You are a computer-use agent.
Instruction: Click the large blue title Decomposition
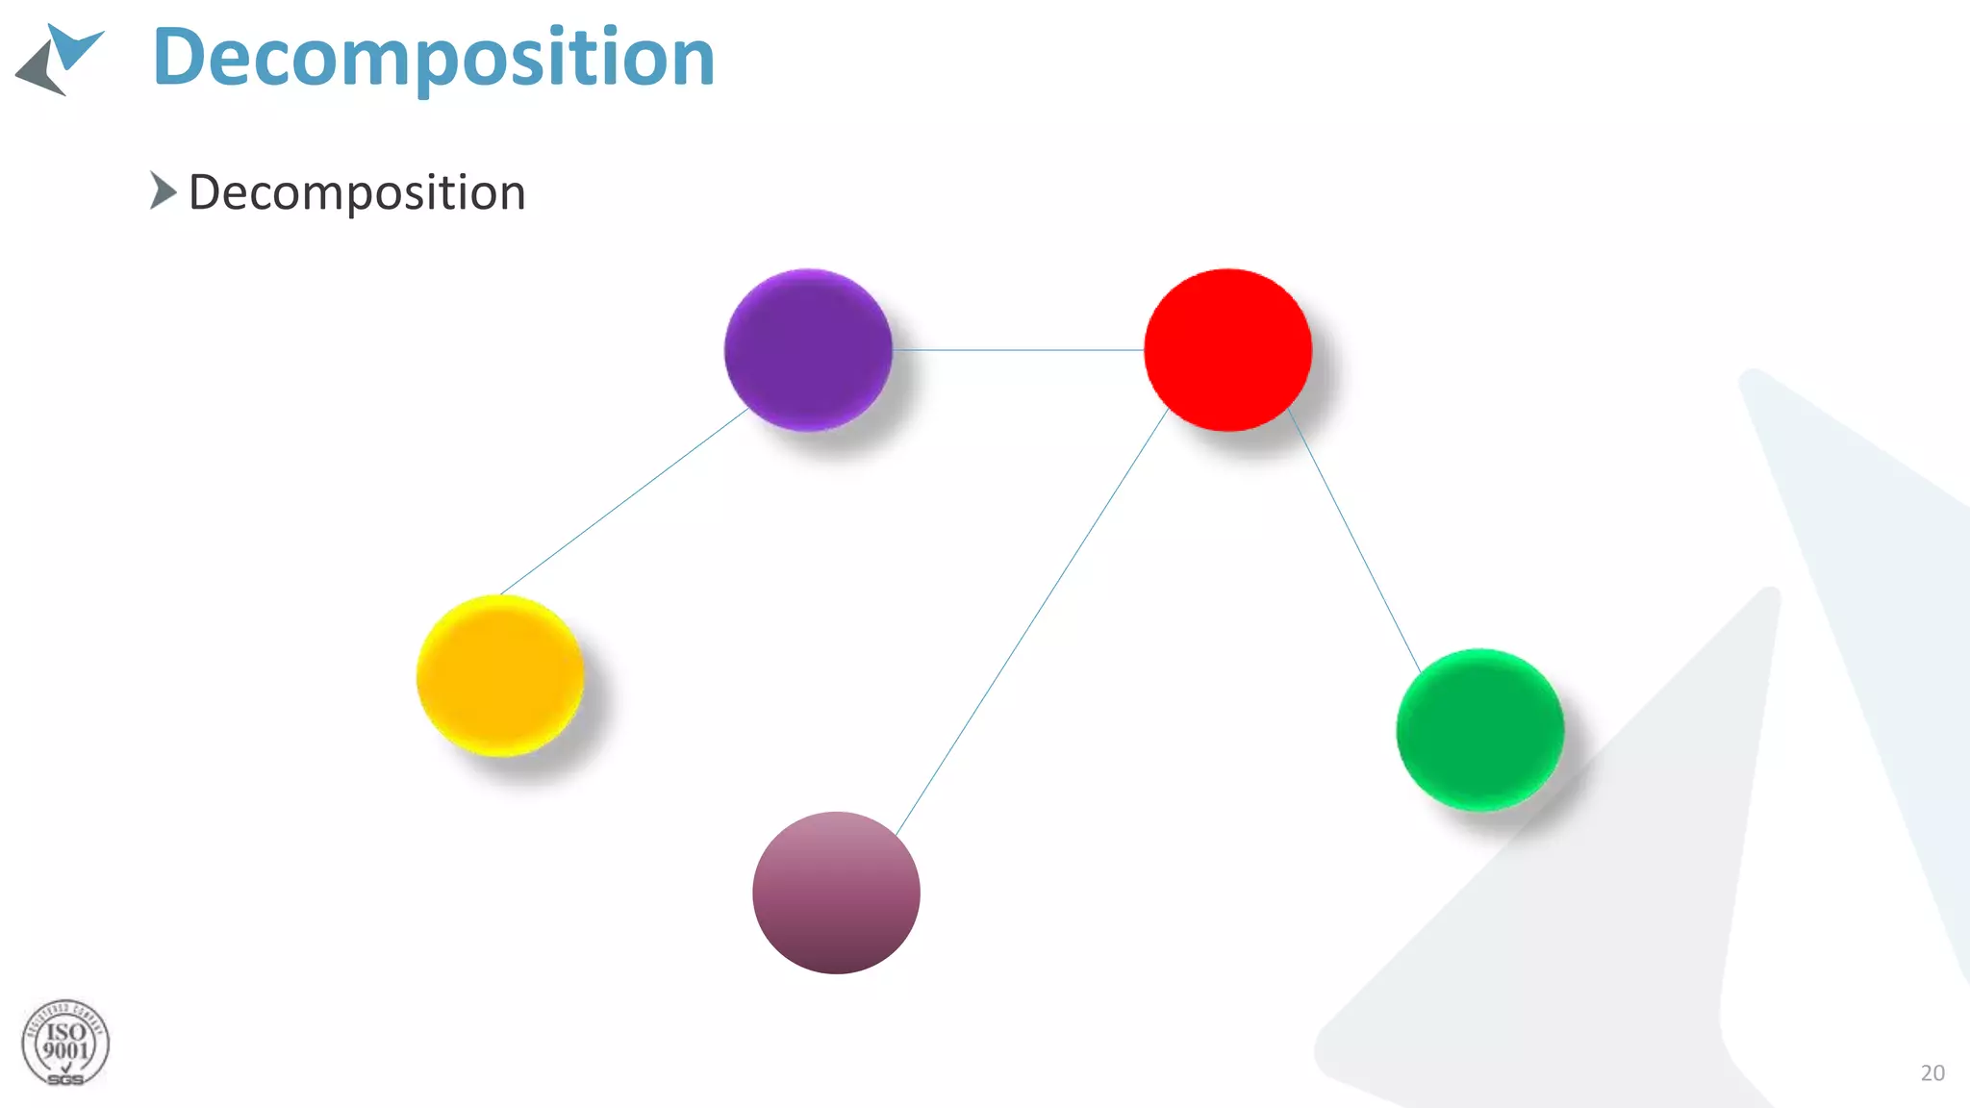pos(433,58)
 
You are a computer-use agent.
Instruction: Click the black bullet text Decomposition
pos(357,192)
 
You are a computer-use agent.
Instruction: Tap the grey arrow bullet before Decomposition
pos(163,190)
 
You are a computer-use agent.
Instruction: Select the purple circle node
pos(808,350)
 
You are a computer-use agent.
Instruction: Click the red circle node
pos(1227,350)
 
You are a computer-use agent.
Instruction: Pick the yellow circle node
pos(500,675)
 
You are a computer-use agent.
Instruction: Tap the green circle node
pos(1479,729)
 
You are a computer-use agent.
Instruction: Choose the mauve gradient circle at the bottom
pos(836,893)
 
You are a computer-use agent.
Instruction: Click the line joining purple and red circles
pos(1018,350)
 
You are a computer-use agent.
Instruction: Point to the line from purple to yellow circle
pos(625,500)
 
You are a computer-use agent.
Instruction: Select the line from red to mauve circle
pos(1031,621)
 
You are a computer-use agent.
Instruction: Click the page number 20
pos(1932,1072)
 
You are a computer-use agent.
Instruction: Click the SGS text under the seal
pos(65,1080)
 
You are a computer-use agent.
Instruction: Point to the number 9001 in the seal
pos(65,1051)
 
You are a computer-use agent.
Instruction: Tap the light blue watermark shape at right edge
pos(1876,577)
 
